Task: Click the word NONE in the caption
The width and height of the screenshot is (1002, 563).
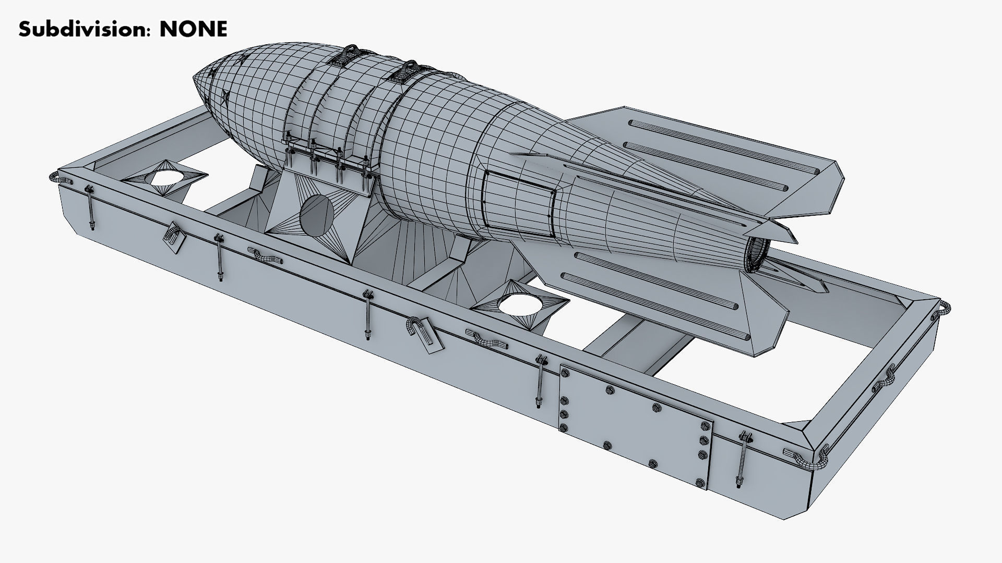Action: click(x=193, y=29)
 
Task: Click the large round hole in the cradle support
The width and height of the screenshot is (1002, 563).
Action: click(x=316, y=214)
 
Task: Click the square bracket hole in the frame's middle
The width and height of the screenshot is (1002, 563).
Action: click(x=521, y=304)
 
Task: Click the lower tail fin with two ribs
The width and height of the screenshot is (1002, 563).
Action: click(x=678, y=292)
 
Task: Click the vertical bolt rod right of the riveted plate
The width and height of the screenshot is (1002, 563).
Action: click(x=742, y=459)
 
